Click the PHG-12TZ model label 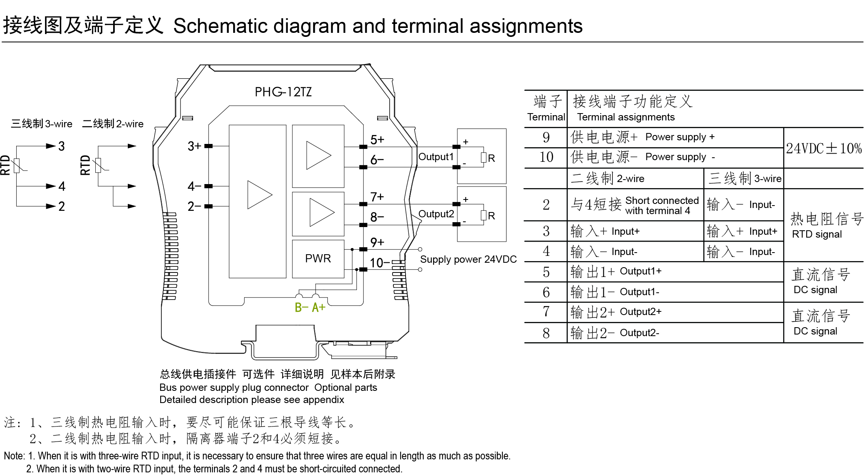(283, 92)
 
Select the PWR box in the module (318, 259)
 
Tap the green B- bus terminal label (301, 308)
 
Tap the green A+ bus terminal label (319, 308)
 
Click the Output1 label (436, 157)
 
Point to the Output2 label (436, 214)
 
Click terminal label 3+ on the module (194, 146)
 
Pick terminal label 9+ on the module (377, 242)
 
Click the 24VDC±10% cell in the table (824, 148)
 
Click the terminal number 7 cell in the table (546, 312)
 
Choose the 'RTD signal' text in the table (816, 234)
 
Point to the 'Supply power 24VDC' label (468, 259)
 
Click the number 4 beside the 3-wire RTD (62, 187)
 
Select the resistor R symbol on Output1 (483, 158)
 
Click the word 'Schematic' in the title (221, 26)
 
